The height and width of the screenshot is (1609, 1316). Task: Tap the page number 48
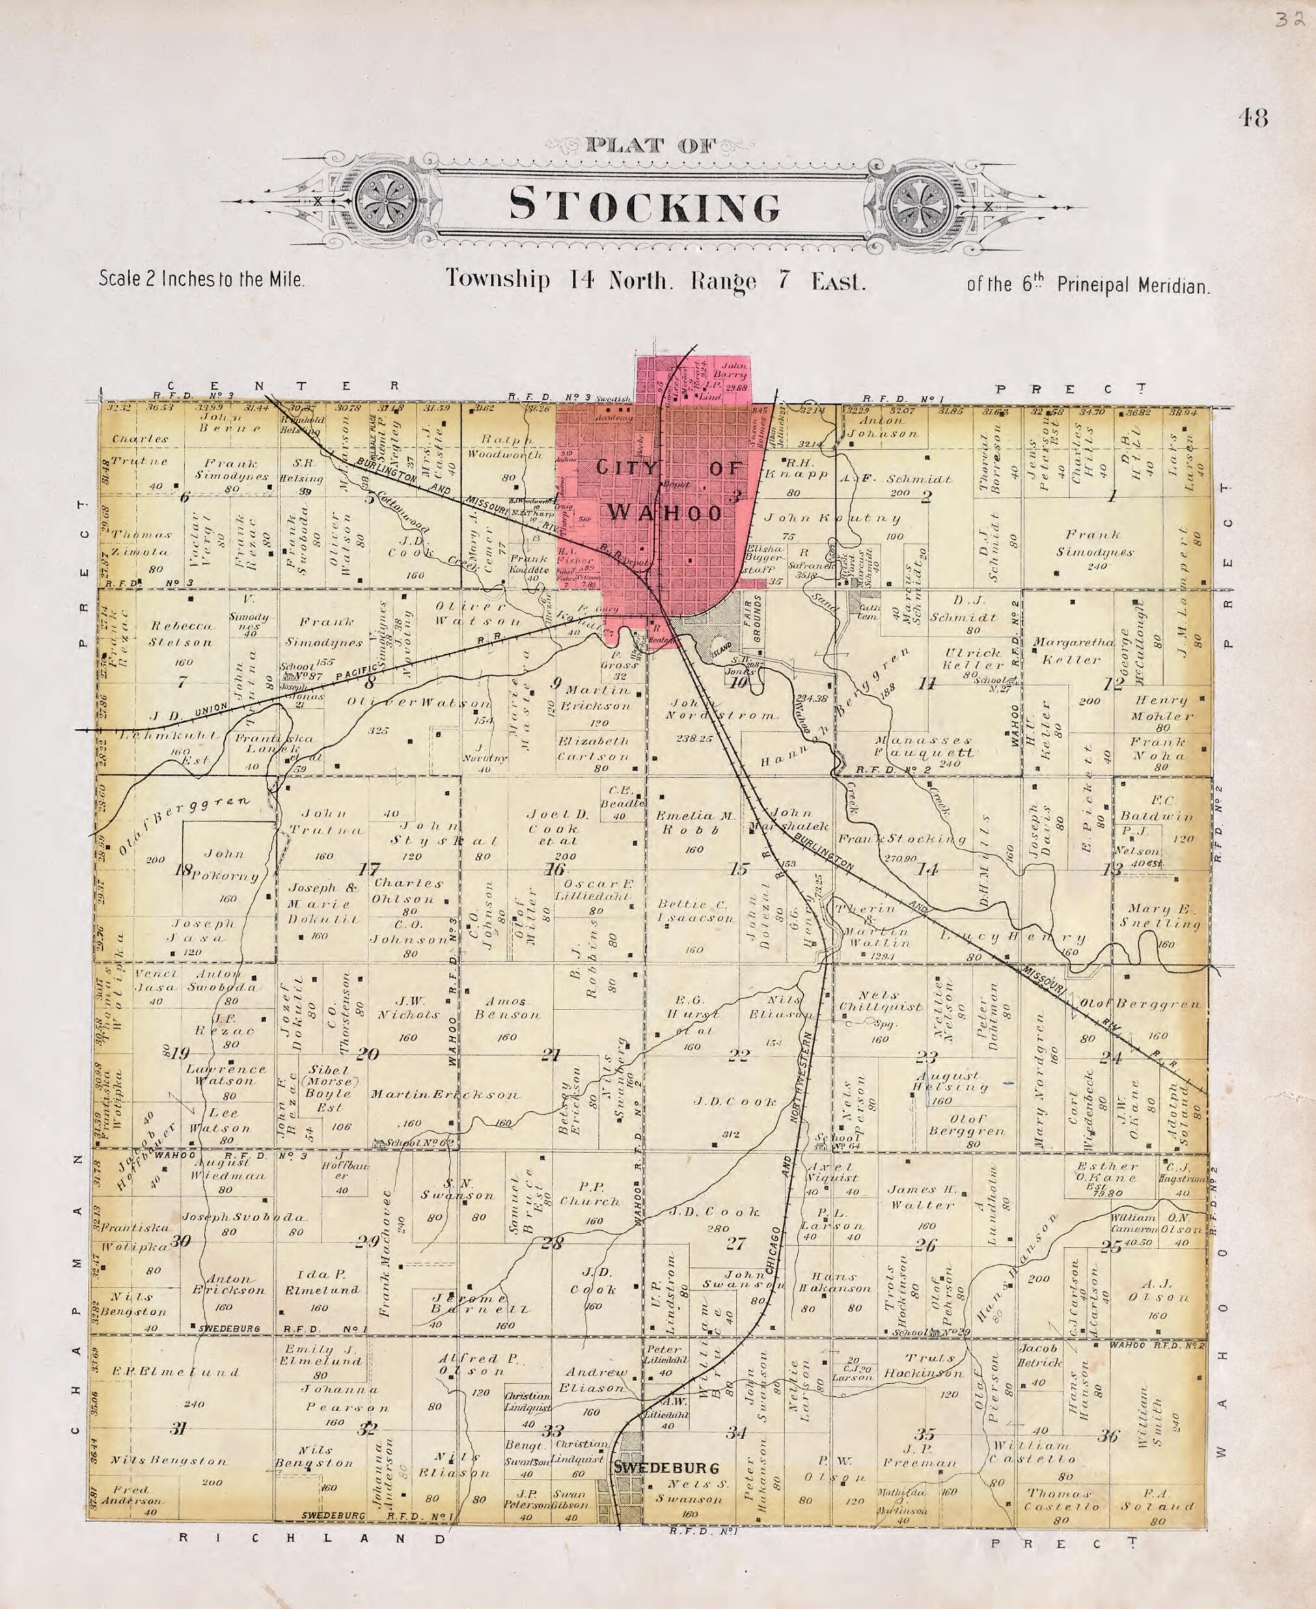1252,118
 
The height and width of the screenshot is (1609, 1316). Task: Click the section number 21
551,1054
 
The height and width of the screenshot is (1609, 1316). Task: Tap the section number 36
1108,1435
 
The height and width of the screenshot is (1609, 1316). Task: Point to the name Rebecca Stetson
180,634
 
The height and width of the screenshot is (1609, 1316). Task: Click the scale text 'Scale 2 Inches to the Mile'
202,279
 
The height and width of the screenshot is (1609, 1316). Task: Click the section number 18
183,870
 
